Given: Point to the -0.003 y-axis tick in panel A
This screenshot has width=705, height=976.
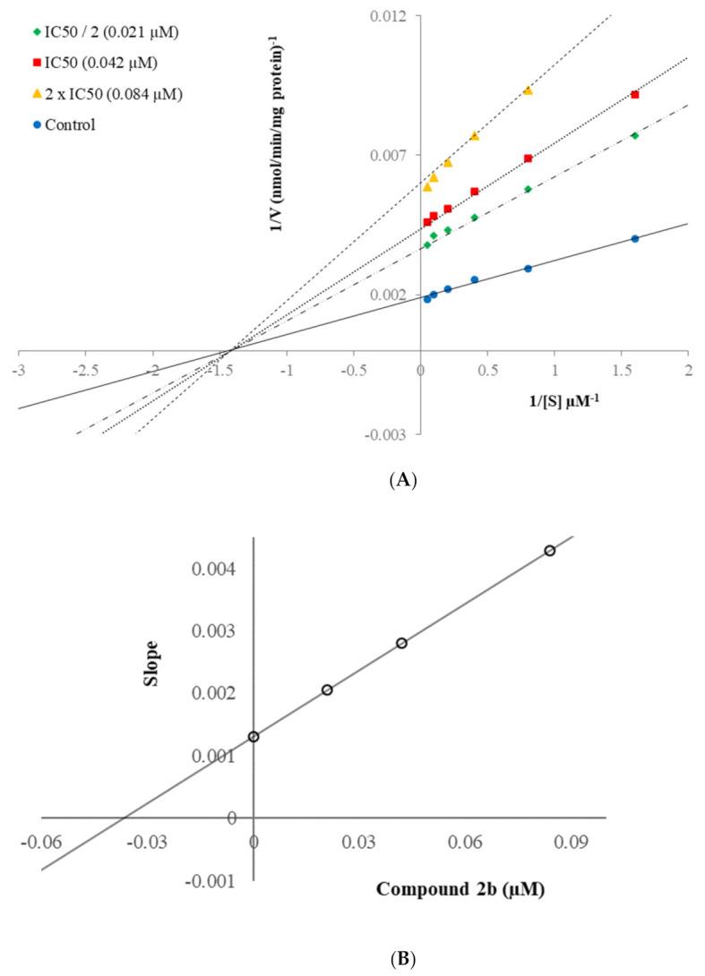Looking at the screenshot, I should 391,434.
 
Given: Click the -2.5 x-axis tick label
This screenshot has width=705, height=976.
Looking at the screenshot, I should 85,369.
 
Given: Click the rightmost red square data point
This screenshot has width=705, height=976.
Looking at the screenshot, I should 635,94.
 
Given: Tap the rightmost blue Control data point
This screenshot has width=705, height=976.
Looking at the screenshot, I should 635,238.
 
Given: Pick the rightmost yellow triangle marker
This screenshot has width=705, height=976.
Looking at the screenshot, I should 528,90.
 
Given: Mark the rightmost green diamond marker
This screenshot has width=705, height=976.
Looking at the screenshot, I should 635,135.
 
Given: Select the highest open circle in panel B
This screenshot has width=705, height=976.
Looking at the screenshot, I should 550,551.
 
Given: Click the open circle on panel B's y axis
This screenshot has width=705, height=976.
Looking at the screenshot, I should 254,737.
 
